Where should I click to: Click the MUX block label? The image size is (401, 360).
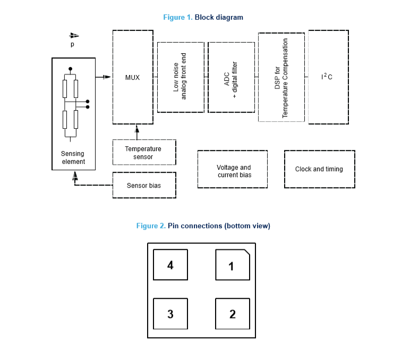[x=132, y=78]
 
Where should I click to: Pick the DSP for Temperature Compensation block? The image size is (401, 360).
[x=281, y=77]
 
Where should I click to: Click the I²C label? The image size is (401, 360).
[x=327, y=77]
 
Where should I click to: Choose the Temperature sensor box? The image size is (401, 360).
[x=143, y=153]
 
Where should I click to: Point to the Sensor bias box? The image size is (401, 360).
[x=143, y=186]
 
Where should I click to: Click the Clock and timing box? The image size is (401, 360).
[x=319, y=169]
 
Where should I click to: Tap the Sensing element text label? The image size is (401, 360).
[x=73, y=157]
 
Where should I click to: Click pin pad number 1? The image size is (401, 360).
[x=232, y=265]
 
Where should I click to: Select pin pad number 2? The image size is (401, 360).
[x=232, y=314]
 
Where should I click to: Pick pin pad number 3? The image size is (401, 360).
[x=170, y=314]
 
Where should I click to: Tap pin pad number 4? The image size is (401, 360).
[x=170, y=265]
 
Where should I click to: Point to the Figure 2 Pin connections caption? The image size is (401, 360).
[x=203, y=226]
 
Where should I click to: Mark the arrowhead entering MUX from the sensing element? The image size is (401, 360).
[x=107, y=77]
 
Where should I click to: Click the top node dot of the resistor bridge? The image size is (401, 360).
[x=70, y=69]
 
